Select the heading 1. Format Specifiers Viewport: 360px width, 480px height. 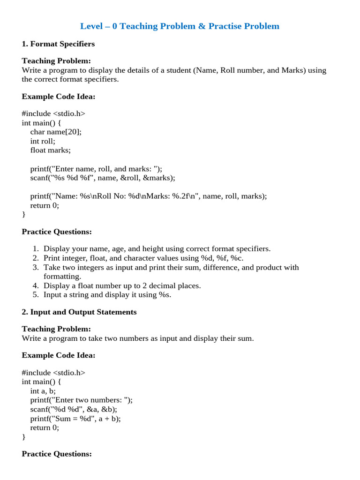click(58, 44)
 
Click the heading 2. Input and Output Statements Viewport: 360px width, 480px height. click(79, 312)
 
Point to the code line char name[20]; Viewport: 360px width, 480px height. click(56, 132)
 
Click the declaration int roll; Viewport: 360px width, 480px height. click(43, 141)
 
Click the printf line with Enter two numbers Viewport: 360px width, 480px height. click(82, 400)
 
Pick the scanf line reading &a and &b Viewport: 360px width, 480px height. click(74, 409)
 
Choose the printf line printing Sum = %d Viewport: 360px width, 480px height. click(75, 418)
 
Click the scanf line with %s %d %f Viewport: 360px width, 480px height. click(103, 178)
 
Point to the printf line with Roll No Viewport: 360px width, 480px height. click(149, 196)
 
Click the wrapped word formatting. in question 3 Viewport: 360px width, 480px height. click(62, 277)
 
